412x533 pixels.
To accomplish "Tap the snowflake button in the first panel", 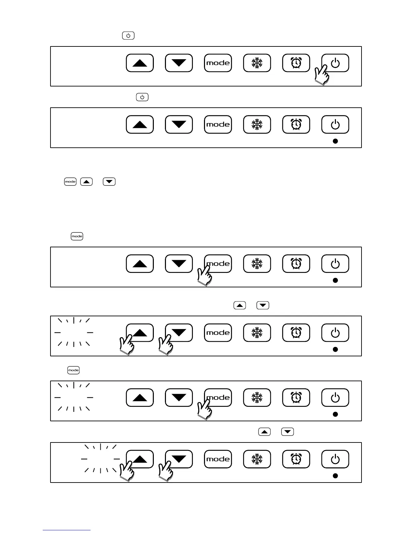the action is pos(257,63).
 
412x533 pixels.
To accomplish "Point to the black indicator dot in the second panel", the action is pos(335,141).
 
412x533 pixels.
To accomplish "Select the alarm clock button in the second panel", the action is pos(296,125).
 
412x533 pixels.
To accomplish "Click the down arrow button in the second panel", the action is pos(179,125).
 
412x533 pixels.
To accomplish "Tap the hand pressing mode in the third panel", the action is pos(204,276).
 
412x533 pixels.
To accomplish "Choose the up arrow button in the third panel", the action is pos(140,263).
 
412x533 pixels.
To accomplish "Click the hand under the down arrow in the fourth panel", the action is pos(165,345).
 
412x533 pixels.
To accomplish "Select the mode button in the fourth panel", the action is pos(218,333).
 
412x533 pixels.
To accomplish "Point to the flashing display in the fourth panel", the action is pos(74,332).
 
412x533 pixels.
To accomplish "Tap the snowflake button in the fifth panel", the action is pos(257,398).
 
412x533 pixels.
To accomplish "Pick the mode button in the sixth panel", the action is pos(218,459).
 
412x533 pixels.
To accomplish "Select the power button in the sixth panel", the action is pos(335,459).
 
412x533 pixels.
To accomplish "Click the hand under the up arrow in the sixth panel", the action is pos(126,471).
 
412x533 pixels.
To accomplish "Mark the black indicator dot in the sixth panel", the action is pos(335,476).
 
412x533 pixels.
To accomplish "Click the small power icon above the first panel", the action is pos(128,35).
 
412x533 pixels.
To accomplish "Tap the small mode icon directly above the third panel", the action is pos(77,236).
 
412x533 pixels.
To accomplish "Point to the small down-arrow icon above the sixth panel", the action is pos(287,432).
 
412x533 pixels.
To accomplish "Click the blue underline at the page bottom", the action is pos(66,530).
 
